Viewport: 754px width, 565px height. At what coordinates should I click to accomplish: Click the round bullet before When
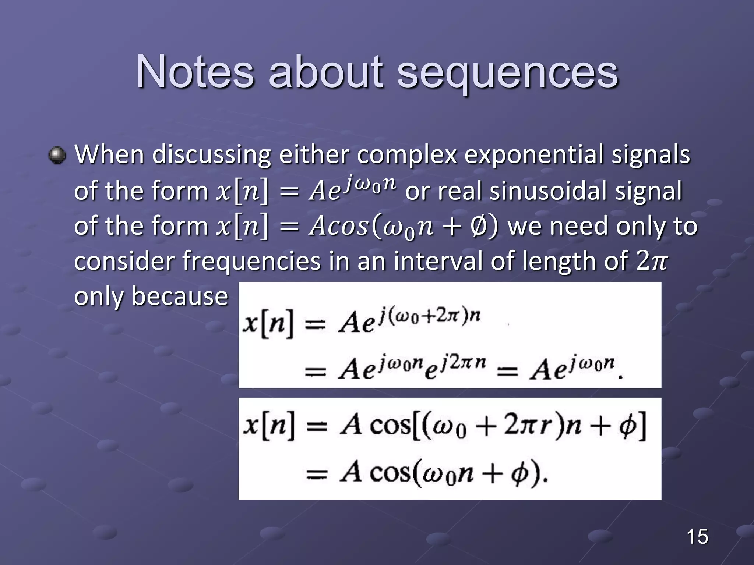point(57,155)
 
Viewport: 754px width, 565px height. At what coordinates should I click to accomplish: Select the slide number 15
point(697,536)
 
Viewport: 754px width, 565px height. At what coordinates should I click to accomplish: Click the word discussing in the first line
point(211,155)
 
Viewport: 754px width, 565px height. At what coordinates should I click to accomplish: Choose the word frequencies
point(251,260)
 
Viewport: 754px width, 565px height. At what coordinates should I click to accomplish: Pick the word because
point(180,296)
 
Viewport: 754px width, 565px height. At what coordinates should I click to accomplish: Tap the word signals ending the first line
point(651,155)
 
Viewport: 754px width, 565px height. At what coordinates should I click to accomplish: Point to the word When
point(109,154)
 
